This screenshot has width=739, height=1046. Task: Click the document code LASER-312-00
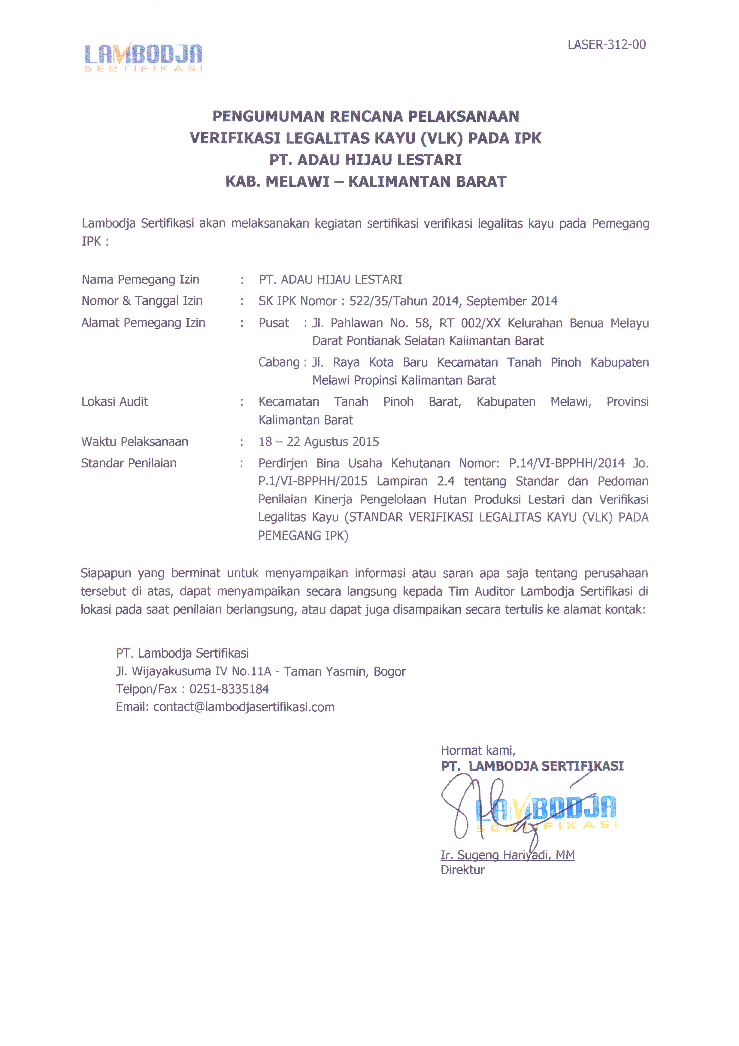[x=607, y=45]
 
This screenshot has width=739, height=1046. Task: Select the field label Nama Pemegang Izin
[x=140, y=279]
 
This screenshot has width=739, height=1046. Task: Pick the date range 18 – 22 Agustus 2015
[x=319, y=442]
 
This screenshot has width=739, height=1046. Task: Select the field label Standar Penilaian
[x=129, y=463]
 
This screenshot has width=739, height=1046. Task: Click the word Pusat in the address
[x=273, y=323]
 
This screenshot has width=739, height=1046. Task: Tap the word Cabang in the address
[x=279, y=362]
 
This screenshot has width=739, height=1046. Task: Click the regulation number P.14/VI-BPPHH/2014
[x=566, y=463]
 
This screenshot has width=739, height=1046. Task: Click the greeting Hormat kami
[x=478, y=750]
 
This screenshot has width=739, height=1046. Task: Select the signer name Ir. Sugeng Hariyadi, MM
[x=507, y=855]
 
